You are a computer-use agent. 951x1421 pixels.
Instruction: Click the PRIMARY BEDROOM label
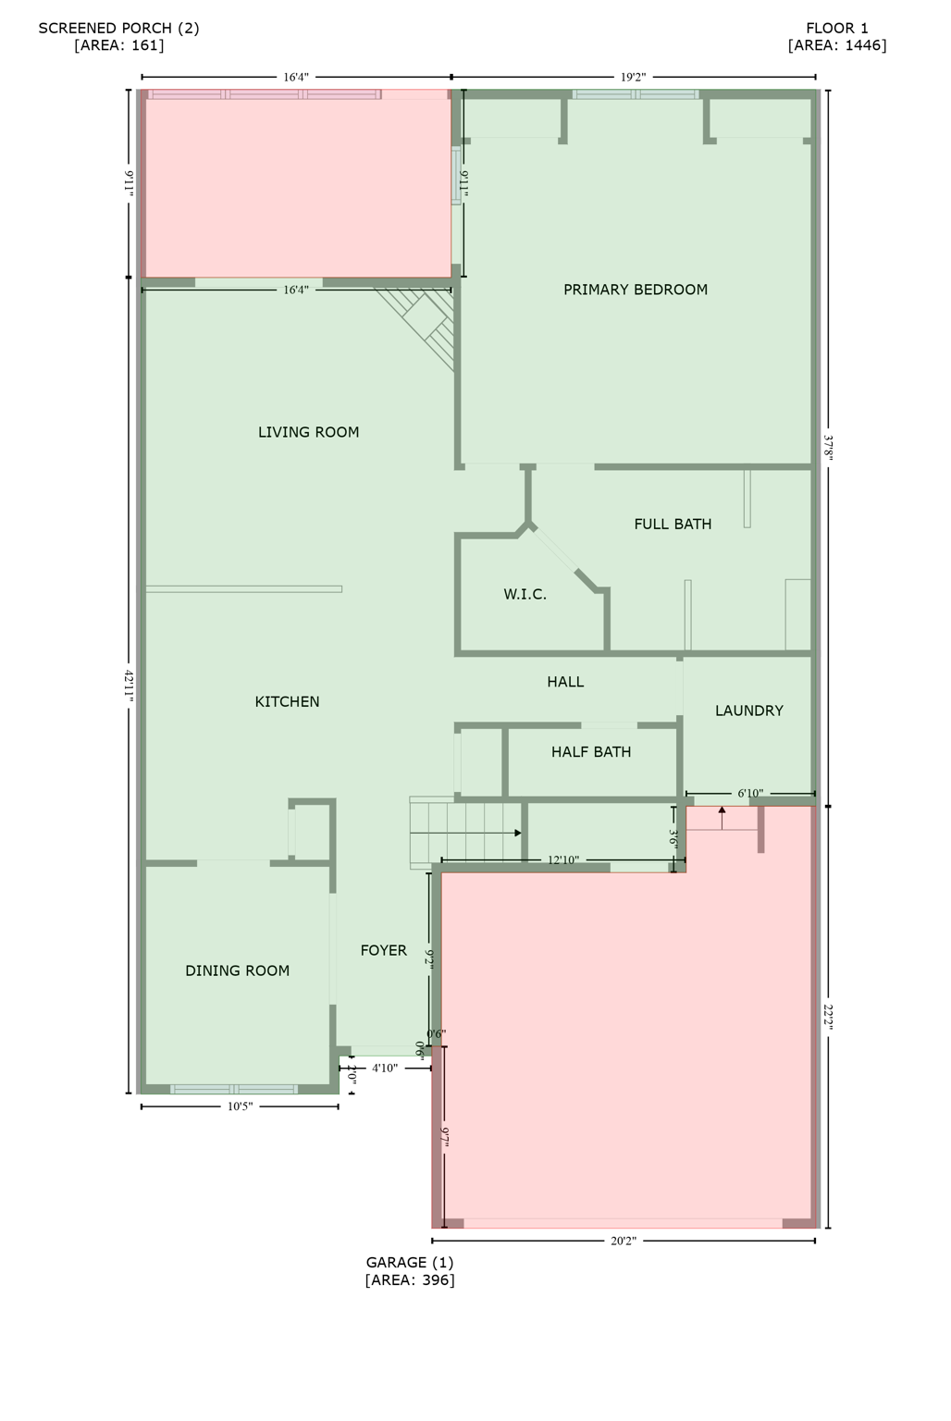click(x=636, y=290)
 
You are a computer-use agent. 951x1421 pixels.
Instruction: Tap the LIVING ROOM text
click(x=308, y=432)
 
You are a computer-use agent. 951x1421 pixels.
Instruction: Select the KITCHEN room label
click(x=287, y=702)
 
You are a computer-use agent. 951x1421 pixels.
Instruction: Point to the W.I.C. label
click(x=525, y=594)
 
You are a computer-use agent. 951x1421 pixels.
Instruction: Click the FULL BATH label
click(x=673, y=524)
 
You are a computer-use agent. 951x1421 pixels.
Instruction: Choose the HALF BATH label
click(x=591, y=752)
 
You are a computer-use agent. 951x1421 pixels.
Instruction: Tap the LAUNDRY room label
click(x=748, y=710)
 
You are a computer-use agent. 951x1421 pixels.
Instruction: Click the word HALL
click(x=565, y=682)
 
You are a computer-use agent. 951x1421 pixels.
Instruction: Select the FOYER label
click(x=383, y=950)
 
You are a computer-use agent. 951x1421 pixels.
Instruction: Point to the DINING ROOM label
click(x=237, y=970)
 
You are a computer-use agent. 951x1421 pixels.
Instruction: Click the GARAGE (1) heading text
click(x=410, y=1262)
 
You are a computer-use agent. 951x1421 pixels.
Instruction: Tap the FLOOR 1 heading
click(x=836, y=28)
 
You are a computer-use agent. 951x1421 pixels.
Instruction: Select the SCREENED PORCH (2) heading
click(x=118, y=28)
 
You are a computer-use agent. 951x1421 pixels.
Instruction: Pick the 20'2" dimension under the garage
click(x=623, y=1242)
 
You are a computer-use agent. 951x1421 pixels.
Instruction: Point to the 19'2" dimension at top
click(x=633, y=78)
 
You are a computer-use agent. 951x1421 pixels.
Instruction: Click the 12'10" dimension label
click(x=562, y=860)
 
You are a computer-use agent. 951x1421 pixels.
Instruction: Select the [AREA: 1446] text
click(x=836, y=45)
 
